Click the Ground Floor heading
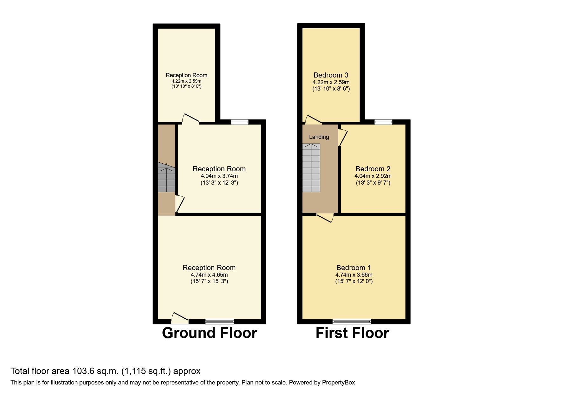(209, 333)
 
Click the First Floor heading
(352, 333)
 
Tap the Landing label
(319, 137)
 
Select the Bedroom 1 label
(354, 268)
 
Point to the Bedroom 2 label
(373, 169)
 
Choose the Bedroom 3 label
(331, 75)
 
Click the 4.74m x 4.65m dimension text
(209, 275)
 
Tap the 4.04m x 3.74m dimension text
(219, 176)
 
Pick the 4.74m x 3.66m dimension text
(354, 275)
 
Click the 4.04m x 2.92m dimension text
(373, 176)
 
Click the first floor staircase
(311, 168)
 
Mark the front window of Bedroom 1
(352, 321)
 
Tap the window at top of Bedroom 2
(383, 122)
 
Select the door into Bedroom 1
(325, 218)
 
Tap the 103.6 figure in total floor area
(83, 371)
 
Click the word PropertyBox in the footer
(338, 383)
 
